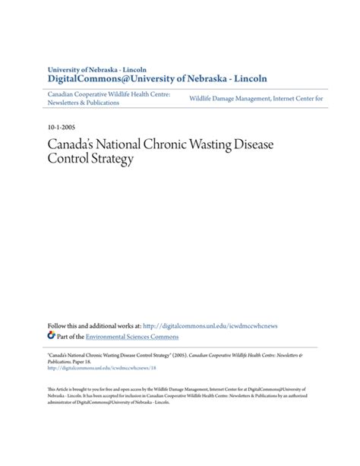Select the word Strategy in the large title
pos(111,160)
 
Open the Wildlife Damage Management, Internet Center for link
pos(256,98)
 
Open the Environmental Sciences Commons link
pos(132,335)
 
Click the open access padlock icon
pos(51,334)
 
